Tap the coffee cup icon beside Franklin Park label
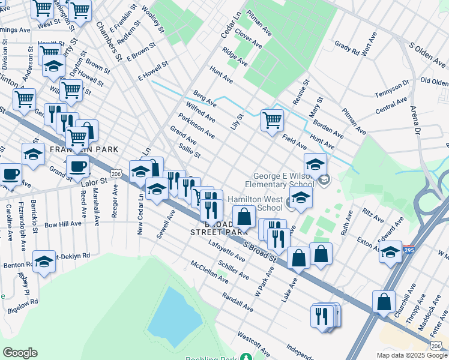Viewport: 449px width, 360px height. tap(77, 166)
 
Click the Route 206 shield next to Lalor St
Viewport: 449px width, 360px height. tap(116, 173)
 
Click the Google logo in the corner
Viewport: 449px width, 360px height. tap(20, 353)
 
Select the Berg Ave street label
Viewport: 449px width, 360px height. tap(205, 99)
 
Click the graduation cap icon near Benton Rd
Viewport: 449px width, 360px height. tap(44, 262)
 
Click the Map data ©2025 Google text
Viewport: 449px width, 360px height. tap(412, 355)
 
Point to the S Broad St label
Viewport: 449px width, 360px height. tap(259, 253)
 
